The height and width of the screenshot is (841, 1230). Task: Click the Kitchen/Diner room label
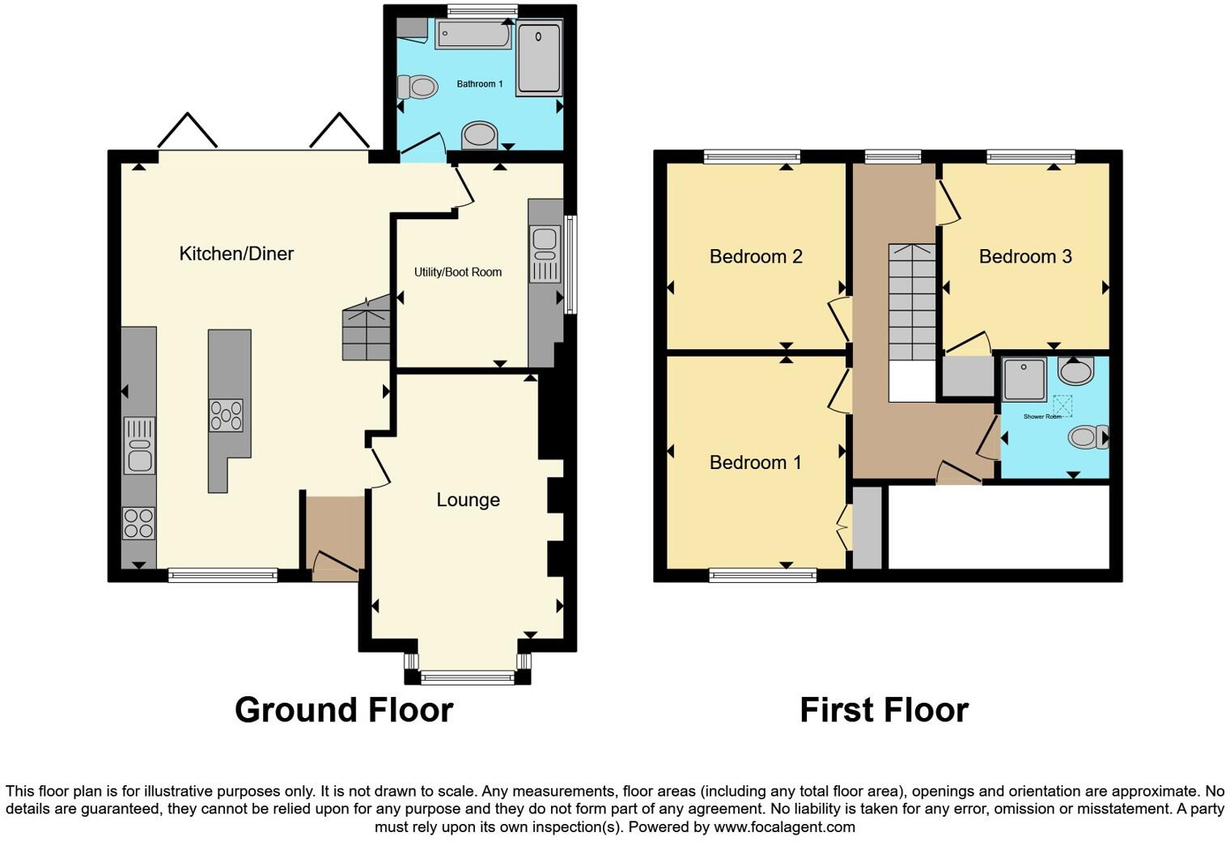pyautogui.click(x=235, y=254)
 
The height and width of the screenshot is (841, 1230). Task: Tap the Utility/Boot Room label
pyautogui.click(x=458, y=273)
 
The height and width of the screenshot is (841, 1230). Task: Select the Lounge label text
pyautogui.click(x=468, y=500)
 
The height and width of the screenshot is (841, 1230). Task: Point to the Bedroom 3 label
pyautogui.click(x=1025, y=256)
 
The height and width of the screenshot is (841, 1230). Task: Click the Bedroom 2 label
pyautogui.click(x=756, y=256)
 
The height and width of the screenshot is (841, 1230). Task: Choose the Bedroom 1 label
pyautogui.click(x=755, y=463)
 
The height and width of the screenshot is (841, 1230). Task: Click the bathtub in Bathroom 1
pyautogui.click(x=473, y=35)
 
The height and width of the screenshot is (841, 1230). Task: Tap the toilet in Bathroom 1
pyautogui.click(x=416, y=87)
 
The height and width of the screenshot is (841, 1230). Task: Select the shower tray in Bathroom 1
pyautogui.click(x=538, y=59)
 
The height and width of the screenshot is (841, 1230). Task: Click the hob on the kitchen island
pyautogui.click(x=226, y=416)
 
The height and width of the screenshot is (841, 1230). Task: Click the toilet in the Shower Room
pyautogui.click(x=1086, y=437)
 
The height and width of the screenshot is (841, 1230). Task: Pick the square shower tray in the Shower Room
pyautogui.click(x=1024, y=379)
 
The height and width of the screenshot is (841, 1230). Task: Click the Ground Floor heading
pyautogui.click(x=344, y=710)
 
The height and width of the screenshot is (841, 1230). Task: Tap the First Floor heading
pyautogui.click(x=884, y=710)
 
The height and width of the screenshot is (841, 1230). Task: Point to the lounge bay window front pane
pyautogui.click(x=468, y=678)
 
